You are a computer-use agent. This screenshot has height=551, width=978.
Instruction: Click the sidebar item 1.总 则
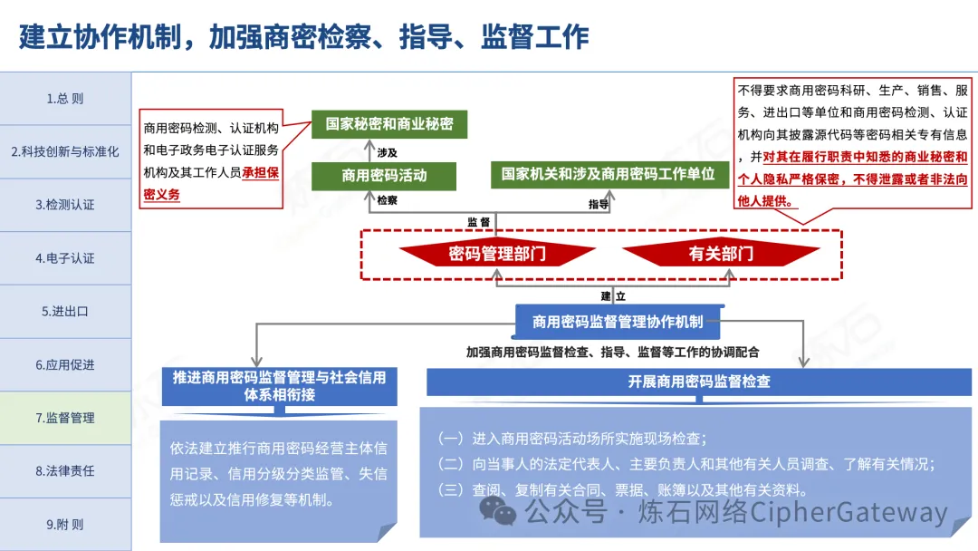[x=65, y=99]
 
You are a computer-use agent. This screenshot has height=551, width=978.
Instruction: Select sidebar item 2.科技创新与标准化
[x=65, y=151]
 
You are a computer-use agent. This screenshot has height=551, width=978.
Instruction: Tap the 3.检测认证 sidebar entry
[x=65, y=205]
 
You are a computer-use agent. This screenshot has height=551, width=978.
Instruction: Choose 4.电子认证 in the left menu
[x=65, y=258]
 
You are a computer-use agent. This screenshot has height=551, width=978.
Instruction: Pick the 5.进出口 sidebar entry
[x=65, y=311]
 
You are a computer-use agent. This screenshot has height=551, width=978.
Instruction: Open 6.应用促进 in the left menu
[x=65, y=364]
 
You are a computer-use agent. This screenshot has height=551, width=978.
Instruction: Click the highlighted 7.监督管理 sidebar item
[x=65, y=418]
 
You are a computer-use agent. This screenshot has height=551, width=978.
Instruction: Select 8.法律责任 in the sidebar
[x=65, y=470]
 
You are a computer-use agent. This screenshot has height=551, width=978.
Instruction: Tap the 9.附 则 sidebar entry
[x=65, y=524]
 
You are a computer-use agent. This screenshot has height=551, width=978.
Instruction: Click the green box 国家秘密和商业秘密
[x=389, y=124]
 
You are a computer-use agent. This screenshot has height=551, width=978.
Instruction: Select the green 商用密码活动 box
[x=384, y=176]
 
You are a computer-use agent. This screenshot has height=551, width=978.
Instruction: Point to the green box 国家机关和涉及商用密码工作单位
[x=609, y=174]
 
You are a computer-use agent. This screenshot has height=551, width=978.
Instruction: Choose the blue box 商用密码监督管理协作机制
[x=618, y=321]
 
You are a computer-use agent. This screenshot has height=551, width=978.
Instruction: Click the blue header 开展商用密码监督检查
[x=699, y=382]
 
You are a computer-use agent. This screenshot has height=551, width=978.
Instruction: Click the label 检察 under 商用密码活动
[x=388, y=200]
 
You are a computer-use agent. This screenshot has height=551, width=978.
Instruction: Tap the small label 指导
[x=599, y=204]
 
